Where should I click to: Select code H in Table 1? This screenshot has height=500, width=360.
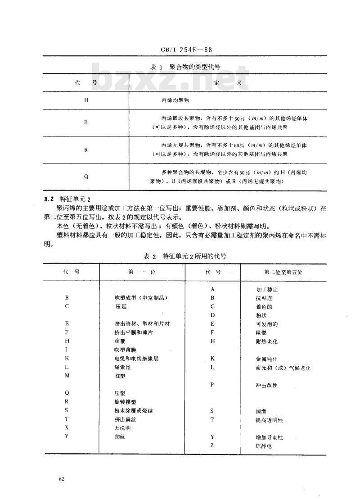click(x=86, y=100)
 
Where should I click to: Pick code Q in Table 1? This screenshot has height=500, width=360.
click(x=86, y=177)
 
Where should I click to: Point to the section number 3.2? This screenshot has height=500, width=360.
click(x=49, y=198)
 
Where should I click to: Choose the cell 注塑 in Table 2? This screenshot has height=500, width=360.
click(x=120, y=376)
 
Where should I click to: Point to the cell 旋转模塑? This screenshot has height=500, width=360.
click(x=125, y=402)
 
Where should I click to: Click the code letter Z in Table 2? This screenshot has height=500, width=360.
click(x=212, y=445)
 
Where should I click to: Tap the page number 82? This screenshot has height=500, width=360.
click(x=62, y=478)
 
